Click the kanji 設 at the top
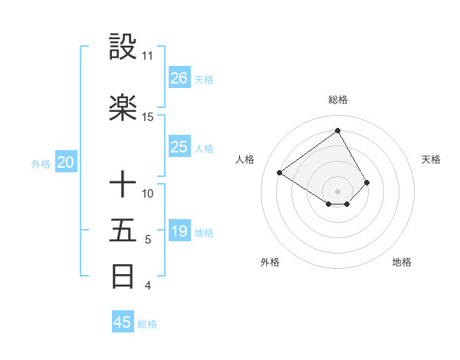(123, 47)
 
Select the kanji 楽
(123, 107)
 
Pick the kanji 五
(123, 230)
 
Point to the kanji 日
(123, 276)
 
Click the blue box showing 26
(179, 78)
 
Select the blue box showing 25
(179, 147)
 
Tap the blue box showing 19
(179, 231)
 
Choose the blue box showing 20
(66, 162)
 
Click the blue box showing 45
(123, 322)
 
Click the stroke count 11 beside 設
(147, 56)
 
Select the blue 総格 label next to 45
(147, 324)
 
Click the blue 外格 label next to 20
(41, 164)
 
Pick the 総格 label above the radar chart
(338, 100)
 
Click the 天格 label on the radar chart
(431, 159)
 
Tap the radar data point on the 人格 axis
(280, 172)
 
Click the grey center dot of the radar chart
(338, 191)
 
